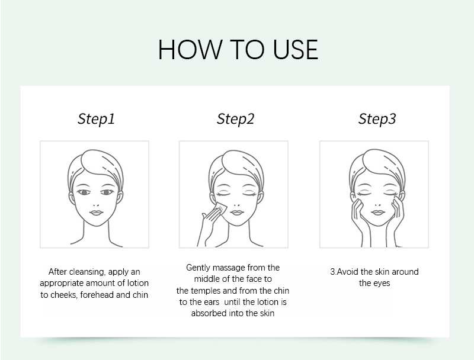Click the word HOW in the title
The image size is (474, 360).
190,50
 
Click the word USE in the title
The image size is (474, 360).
295,50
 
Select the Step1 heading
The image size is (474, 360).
96,119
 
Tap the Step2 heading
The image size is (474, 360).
235,119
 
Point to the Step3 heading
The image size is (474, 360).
377,119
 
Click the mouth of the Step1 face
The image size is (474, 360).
97,213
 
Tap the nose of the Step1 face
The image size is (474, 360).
96,203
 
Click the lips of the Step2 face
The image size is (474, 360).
237,213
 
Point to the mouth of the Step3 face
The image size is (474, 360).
377,213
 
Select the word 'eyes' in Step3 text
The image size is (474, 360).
382,283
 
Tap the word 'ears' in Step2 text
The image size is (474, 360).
212,302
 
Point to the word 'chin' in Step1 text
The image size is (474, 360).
140,295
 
